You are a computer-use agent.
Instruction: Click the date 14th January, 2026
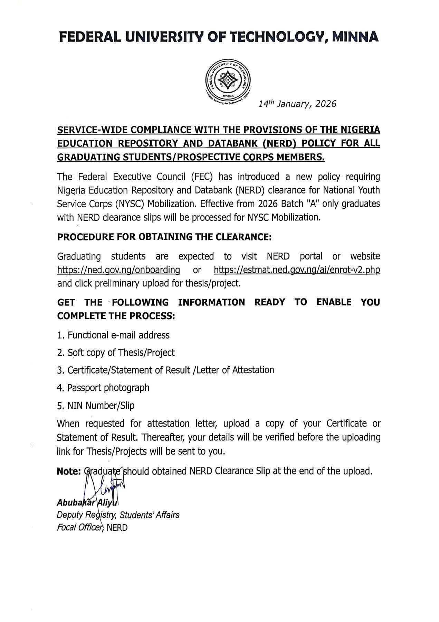pyautogui.click(x=297, y=104)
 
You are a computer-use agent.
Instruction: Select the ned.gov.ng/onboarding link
pyautogui.click(x=118, y=270)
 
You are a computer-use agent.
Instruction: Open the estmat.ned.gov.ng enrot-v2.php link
pyautogui.click(x=297, y=270)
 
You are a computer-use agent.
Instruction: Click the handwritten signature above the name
pyautogui.click(x=104, y=484)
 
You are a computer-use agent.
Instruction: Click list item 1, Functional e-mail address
pyautogui.click(x=113, y=335)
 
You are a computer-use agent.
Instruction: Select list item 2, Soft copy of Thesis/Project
pyautogui.click(x=116, y=353)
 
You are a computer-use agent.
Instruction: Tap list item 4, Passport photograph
pyautogui.click(x=103, y=388)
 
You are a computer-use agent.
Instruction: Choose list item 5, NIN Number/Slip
pyautogui.click(x=96, y=405)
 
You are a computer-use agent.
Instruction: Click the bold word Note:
pyautogui.click(x=69, y=471)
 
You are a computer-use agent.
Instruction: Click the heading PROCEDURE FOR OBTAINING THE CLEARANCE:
pyautogui.click(x=164, y=237)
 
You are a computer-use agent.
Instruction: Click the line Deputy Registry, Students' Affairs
pyautogui.click(x=118, y=515)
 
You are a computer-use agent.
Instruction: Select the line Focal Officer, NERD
pyautogui.click(x=92, y=528)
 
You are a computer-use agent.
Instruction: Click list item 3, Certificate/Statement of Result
pyautogui.click(x=166, y=370)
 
